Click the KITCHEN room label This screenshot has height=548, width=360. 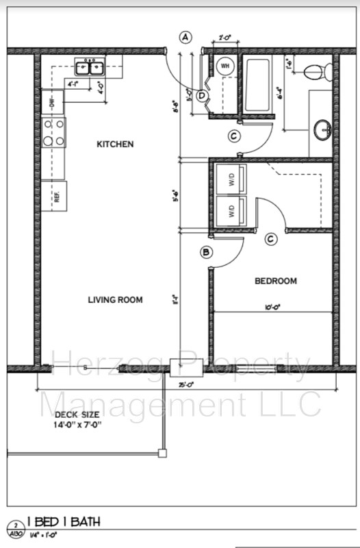115,145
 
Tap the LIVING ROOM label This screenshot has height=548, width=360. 115,299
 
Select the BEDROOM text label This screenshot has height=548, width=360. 276,281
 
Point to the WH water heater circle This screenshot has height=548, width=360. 224,66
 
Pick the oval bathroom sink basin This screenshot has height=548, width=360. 322,128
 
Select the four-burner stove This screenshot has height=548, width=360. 53,132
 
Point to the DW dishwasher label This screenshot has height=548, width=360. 52,103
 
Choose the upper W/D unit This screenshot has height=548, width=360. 231,180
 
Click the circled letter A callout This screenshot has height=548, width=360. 185,38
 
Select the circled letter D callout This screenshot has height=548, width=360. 202,96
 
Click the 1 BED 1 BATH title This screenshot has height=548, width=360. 63,523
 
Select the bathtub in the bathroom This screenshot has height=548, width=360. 259,86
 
